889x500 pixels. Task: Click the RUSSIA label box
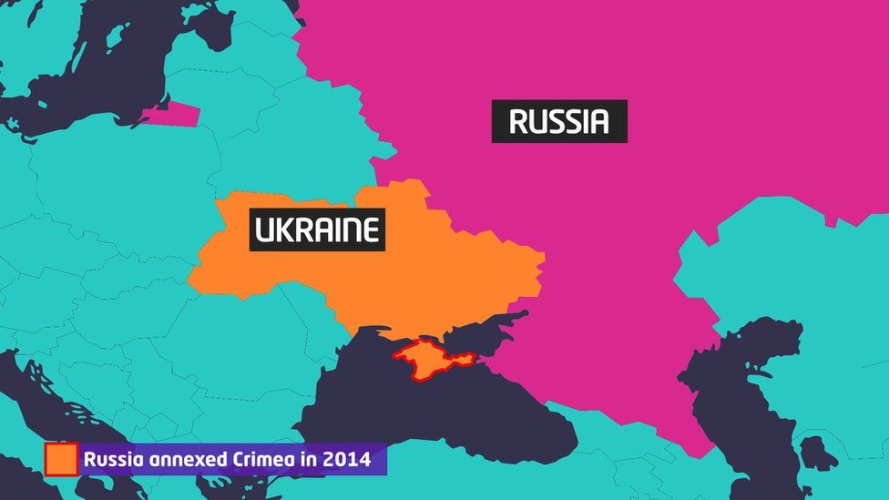(559, 121)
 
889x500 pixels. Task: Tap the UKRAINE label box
(317, 230)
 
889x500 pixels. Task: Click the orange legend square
(61, 459)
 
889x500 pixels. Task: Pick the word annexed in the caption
(179, 459)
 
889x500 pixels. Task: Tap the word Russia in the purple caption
(110, 459)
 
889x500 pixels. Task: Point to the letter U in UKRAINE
(265, 230)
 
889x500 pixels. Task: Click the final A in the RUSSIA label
(597, 121)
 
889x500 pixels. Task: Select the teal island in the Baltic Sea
(116, 37)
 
